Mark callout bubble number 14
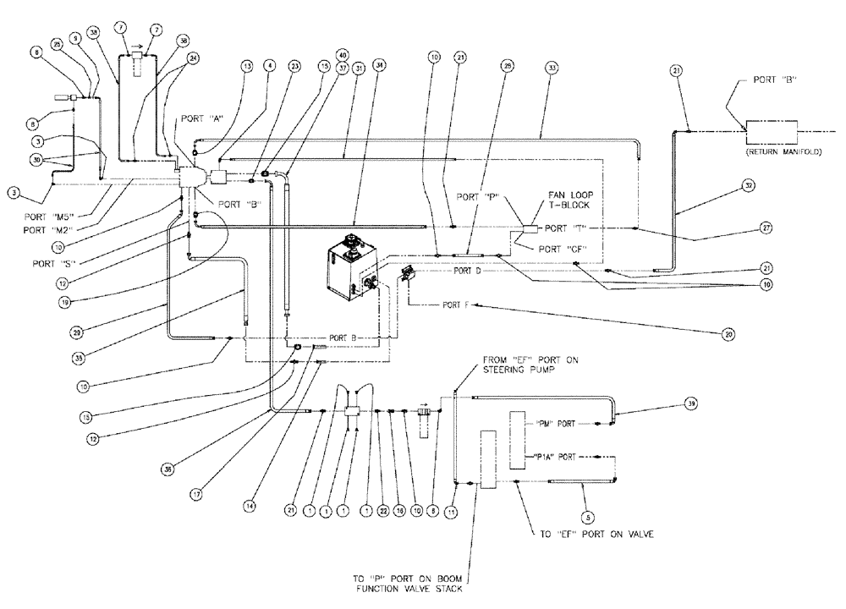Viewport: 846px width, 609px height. pyautogui.click(x=249, y=504)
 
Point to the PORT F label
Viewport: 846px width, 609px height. pyautogui.click(x=453, y=304)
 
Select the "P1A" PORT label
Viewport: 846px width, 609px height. pyautogui.click(x=555, y=457)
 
